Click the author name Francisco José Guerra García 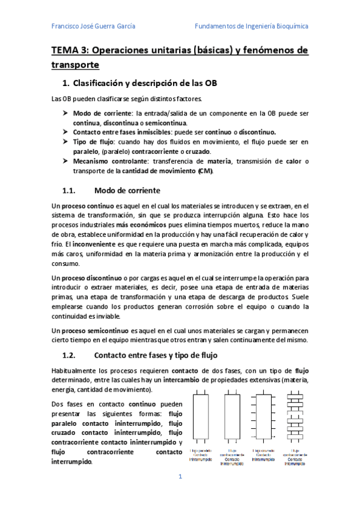[x=93, y=26]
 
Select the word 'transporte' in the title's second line [x=75, y=65]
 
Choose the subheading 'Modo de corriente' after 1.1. [x=127, y=191]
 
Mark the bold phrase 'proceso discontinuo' [x=91, y=278]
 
